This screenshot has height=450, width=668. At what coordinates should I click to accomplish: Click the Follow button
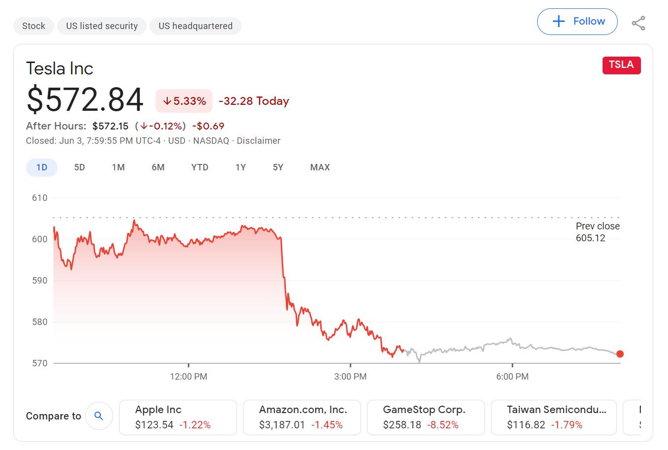[x=577, y=22]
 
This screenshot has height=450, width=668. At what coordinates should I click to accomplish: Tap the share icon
[x=638, y=23]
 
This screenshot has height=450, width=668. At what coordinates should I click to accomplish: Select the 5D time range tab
[x=80, y=167]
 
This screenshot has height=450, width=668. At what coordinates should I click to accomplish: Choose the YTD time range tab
[x=200, y=167]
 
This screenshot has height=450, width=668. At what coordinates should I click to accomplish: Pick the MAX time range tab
[x=320, y=167]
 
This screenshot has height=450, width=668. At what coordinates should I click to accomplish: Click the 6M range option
[x=158, y=167]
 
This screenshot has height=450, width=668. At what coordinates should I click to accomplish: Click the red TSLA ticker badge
[x=621, y=65]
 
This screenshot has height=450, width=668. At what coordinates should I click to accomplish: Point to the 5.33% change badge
[x=184, y=101]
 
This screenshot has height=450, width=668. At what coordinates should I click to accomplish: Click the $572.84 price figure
[x=85, y=100]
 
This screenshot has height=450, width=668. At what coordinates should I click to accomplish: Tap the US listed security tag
[x=102, y=26]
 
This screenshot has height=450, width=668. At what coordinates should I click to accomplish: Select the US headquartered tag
[x=195, y=26]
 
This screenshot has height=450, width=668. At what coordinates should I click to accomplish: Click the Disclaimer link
[x=258, y=141]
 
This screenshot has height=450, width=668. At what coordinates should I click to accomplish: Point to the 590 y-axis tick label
[x=40, y=281]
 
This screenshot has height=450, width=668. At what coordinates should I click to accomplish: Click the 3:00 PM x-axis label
[x=350, y=377]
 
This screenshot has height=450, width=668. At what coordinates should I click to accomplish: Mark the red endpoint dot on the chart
[x=620, y=354]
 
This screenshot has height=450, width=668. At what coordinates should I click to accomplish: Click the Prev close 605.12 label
[x=597, y=232]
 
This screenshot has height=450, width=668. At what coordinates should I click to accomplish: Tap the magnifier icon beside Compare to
[x=99, y=416]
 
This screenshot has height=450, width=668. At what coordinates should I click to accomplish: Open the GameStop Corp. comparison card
[x=425, y=417]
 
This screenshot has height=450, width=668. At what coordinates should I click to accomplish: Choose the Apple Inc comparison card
[x=178, y=417]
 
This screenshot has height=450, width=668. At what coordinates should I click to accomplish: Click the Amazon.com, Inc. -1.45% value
[x=327, y=425]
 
